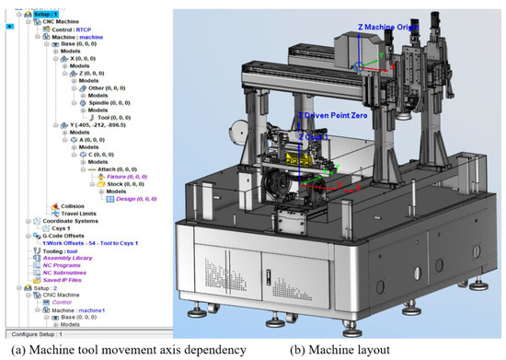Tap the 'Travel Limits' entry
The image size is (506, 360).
click(81, 214)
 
